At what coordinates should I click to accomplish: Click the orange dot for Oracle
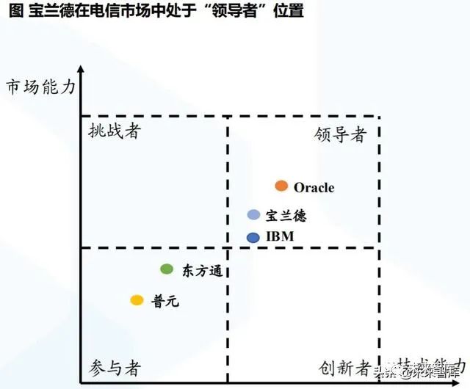point(281,186)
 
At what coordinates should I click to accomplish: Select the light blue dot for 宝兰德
point(253,215)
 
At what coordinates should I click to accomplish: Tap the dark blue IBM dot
point(253,237)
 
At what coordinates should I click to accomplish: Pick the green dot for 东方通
point(167,269)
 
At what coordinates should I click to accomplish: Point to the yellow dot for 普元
point(137,300)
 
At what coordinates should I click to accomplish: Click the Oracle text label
point(314,187)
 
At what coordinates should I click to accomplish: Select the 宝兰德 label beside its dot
point(286,216)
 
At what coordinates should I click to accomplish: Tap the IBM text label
point(280,237)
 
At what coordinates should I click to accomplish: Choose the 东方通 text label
point(201,271)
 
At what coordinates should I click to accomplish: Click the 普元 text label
point(165,301)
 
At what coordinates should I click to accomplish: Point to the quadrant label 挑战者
point(113,132)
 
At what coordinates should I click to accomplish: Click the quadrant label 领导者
point(339,134)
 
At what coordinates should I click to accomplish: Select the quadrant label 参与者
point(115,367)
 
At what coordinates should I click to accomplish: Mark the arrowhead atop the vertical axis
point(81,70)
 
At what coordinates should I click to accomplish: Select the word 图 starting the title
point(12,12)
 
